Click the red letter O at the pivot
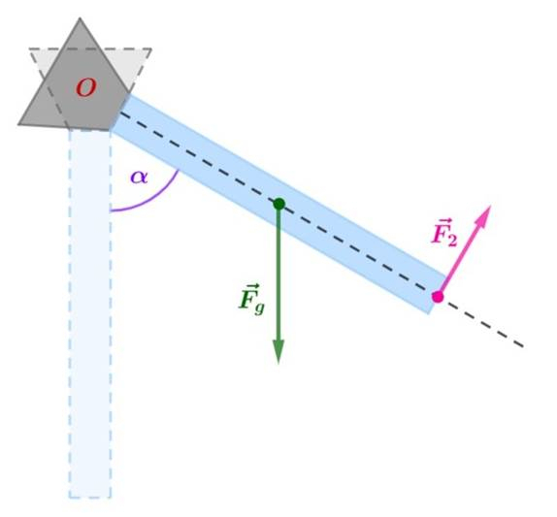[x=85, y=87]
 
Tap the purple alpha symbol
[x=139, y=177]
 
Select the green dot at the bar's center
[x=279, y=204]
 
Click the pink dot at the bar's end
[x=438, y=297]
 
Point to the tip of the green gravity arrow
[x=278, y=364]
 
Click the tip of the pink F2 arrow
[x=491, y=206]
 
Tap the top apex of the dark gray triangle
[x=80, y=17]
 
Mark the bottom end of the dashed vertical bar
[x=90, y=497]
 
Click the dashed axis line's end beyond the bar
[x=524, y=346]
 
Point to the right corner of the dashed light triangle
[x=151, y=49]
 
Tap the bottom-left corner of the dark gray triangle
[x=18, y=124]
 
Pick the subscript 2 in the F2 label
[x=451, y=241]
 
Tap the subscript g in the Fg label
[x=260, y=307]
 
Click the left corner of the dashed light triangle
[x=30, y=49]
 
